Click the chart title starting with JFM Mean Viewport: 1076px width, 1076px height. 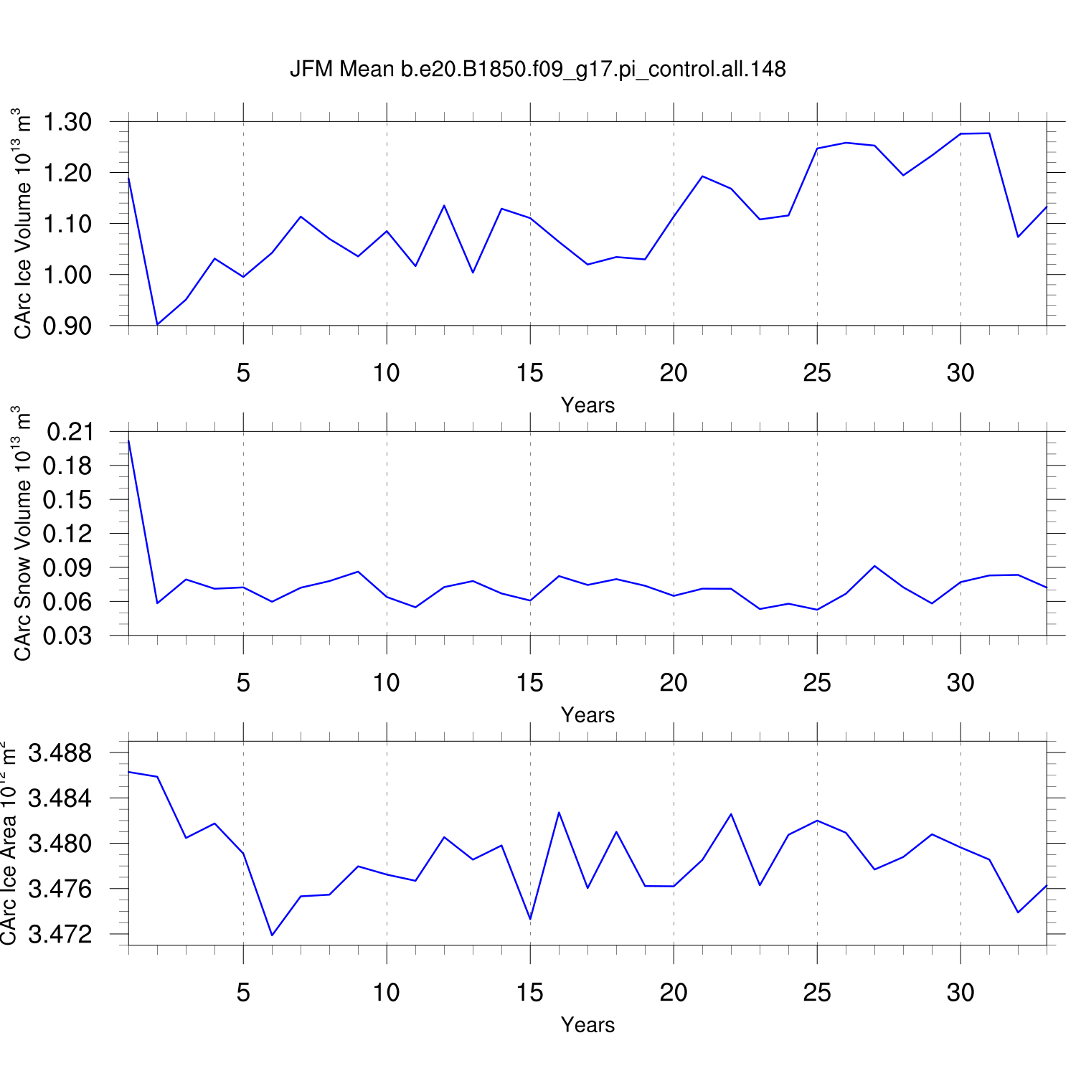click(537, 69)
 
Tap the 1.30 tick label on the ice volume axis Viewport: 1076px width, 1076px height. click(67, 122)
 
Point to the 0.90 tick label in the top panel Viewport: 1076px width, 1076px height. click(67, 326)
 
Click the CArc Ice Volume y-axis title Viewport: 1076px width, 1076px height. click(23, 223)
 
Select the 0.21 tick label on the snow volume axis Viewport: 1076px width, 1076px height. click(70, 432)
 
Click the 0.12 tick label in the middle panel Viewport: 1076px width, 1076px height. click(67, 534)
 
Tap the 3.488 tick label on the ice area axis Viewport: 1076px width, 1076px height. click(60, 753)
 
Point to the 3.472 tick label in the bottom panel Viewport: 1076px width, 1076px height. click(60, 935)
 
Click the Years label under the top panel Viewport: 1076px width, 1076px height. click(587, 405)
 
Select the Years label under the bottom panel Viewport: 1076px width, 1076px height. click(587, 1025)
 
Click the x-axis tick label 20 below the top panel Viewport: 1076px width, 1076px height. click(674, 373)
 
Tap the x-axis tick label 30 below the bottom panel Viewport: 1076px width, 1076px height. click(961, 993)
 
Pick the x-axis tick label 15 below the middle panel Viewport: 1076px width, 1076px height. click(530, 683)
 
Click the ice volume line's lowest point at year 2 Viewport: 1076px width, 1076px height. click(158, 324)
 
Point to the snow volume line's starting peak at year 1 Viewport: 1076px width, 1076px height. click(129, 440)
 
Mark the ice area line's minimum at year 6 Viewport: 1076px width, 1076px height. click(272, 935)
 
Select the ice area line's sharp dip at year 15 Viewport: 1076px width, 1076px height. click(530, 919)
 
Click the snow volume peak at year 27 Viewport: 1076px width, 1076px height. click(874, 566)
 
